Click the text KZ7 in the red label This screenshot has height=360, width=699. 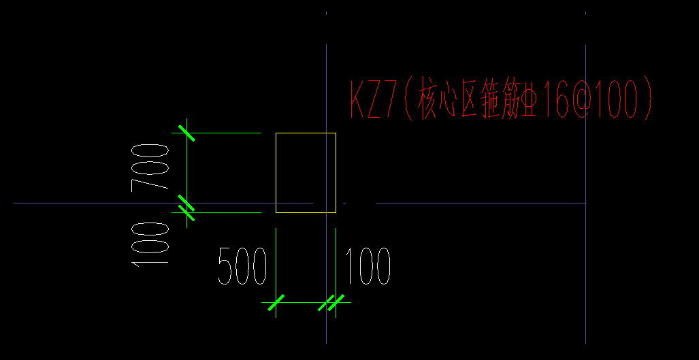(x=372, y=99)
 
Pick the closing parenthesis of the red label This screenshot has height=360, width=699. (x=647, y=99)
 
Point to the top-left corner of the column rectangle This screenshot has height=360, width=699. (x=276, y=133)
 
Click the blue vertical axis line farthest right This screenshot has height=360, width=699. (x=586, y=272)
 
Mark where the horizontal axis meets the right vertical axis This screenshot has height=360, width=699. (x=586, y=203)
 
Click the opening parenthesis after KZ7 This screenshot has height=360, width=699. (x=406, y=99)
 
